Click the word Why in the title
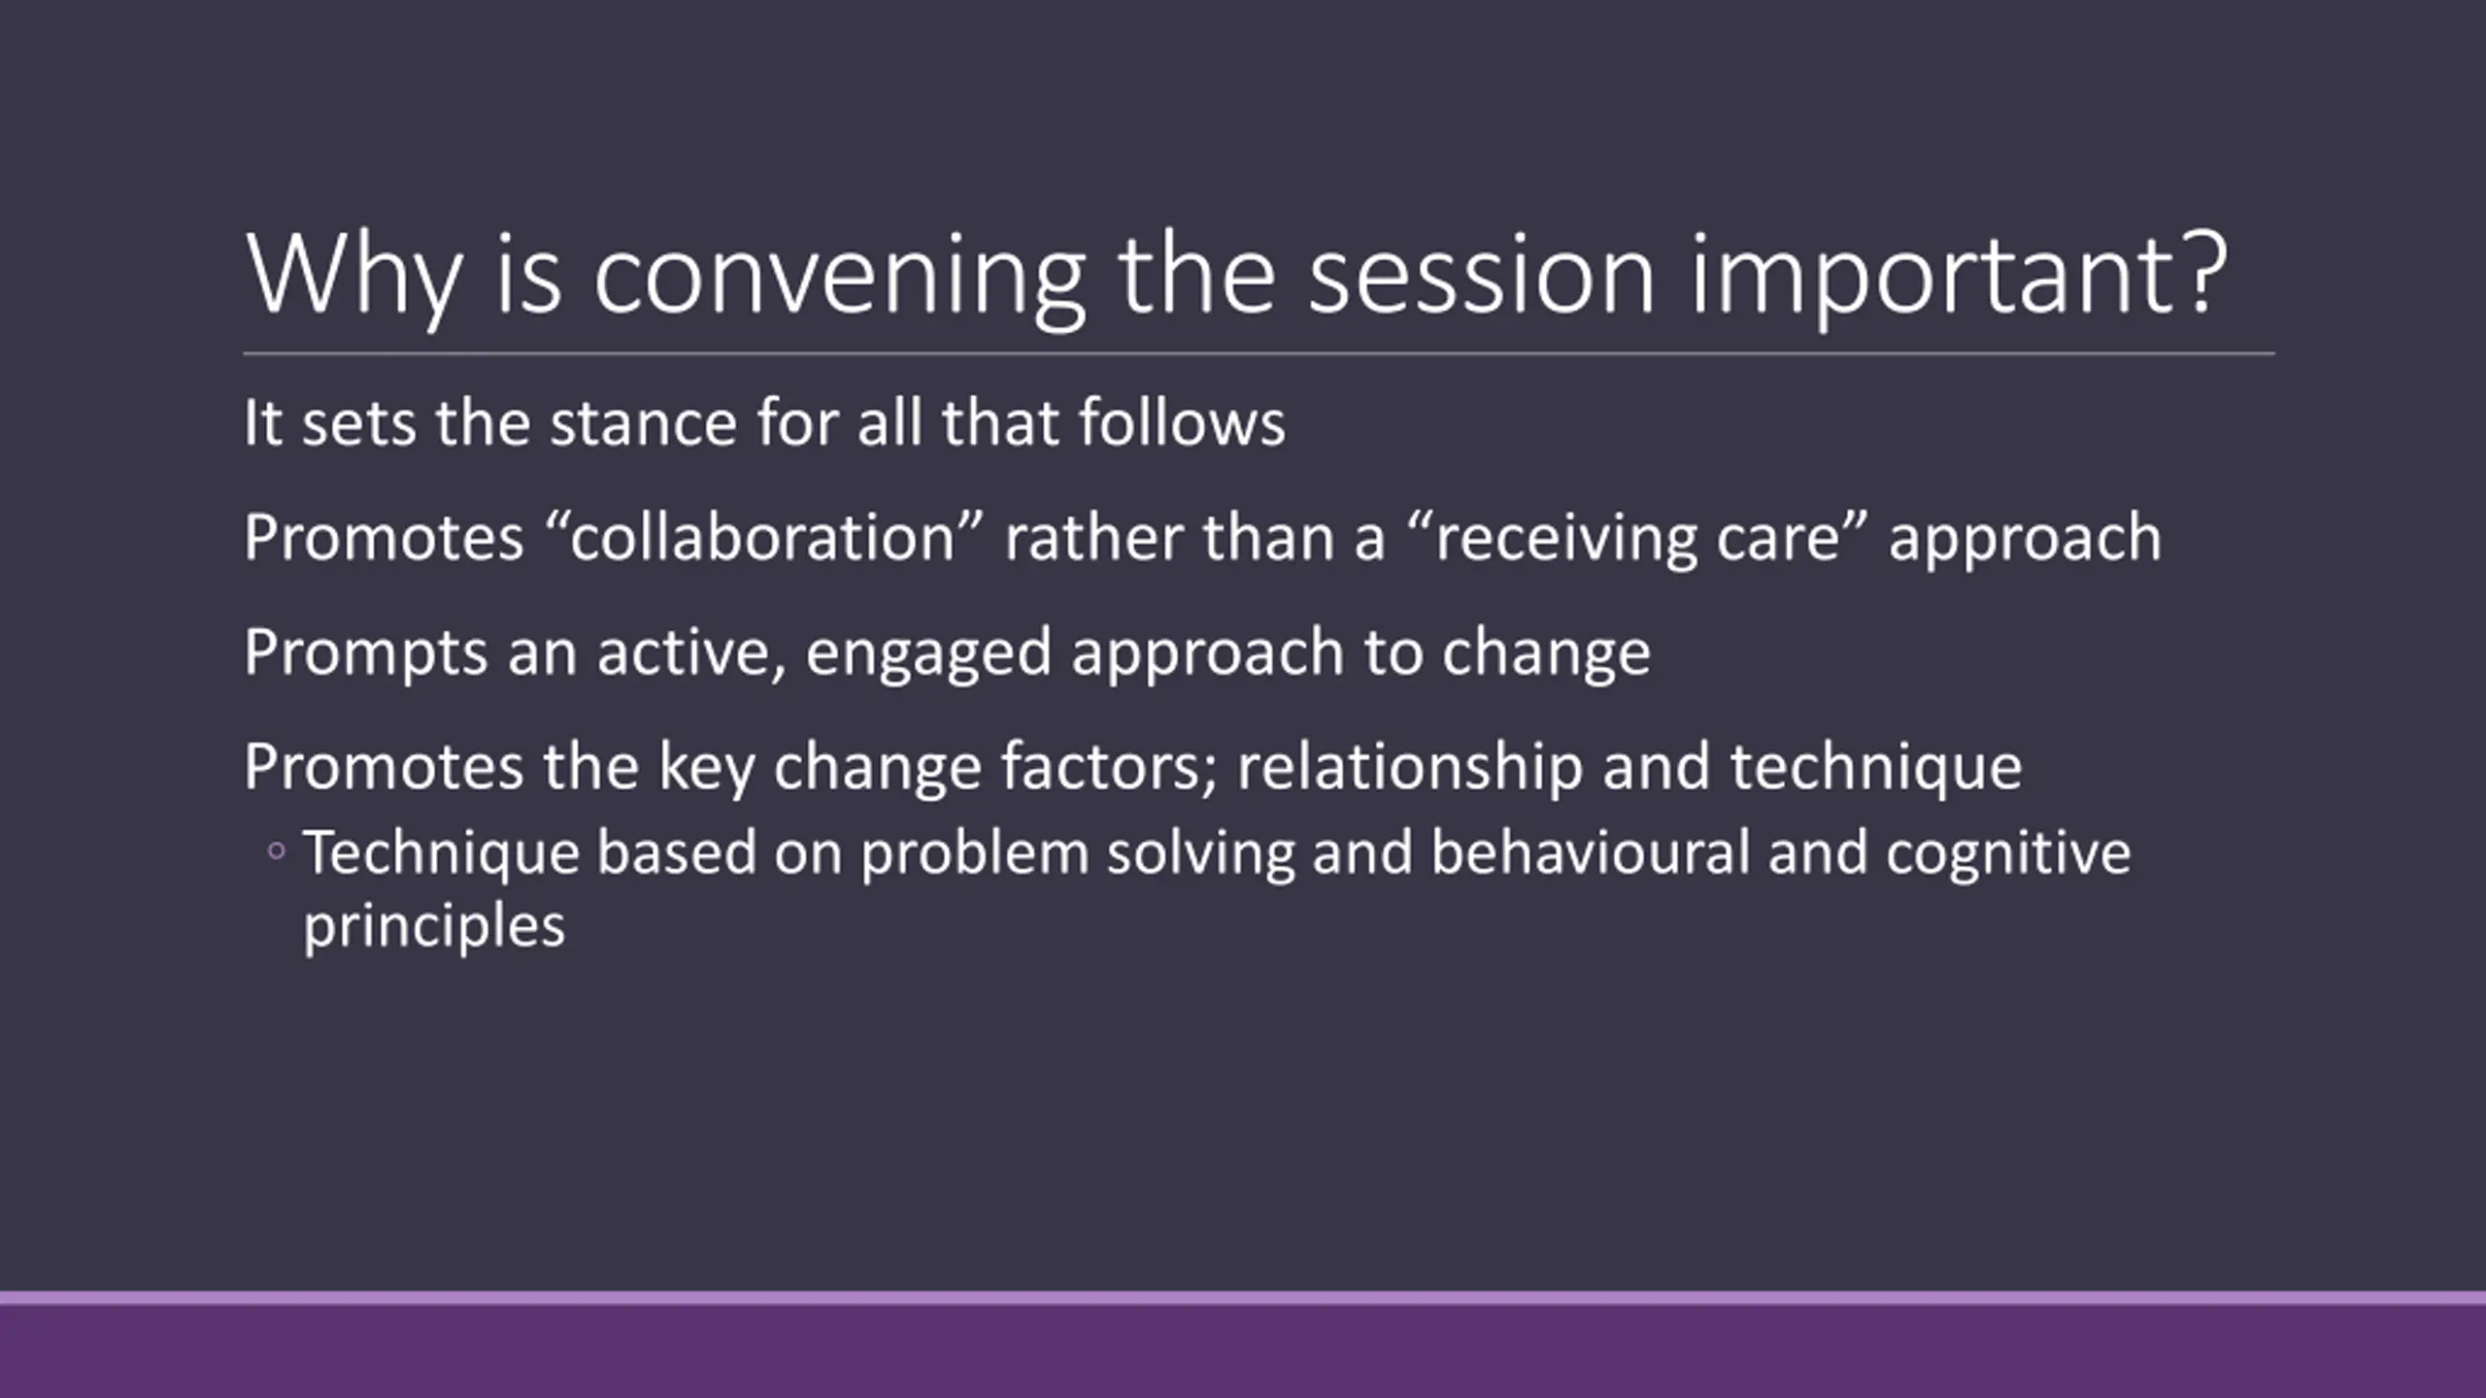point(353,278)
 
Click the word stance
point(643,424)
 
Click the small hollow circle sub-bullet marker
point(277,851)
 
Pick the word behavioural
point(1588,852)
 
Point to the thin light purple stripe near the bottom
point(1243,1298)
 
